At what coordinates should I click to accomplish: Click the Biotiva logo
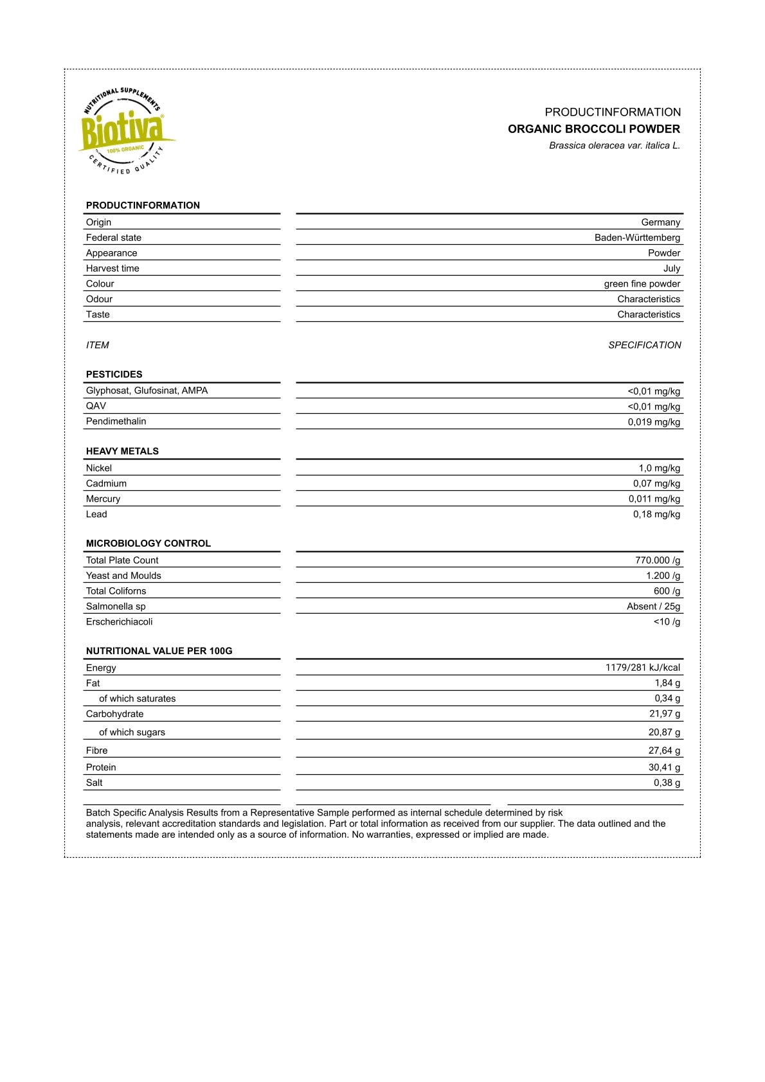click(x=126, y=131)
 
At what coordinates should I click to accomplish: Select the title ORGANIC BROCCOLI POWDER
click(x=593, y=129)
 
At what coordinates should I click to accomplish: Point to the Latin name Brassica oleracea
click(x=614, y=146)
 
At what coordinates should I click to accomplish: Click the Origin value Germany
click(x=660, y=222)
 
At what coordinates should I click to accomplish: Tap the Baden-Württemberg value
click(x=637, y=238)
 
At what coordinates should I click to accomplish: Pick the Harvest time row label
click(x=113, y=269)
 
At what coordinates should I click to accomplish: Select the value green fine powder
click(x=642, y=284)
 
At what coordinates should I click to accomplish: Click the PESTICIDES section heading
click(x=114, y=375)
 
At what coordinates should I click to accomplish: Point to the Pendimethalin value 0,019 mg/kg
click(x=654, y=422)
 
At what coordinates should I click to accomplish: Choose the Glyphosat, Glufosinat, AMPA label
click(x=147, y=391)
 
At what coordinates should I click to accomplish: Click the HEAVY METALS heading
click(x=122, y=451)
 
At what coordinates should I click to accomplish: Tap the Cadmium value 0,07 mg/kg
click(x=656, y=484)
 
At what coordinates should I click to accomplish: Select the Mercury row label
click(x=103, y=499)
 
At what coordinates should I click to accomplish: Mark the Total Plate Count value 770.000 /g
click(x=657, y=560)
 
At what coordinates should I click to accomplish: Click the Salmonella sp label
click(x=116, y=607)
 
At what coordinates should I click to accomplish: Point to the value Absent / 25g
click(x=653, y=607)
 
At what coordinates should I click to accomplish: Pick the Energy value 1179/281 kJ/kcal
click(x=642, y=668)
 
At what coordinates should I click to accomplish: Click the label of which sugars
click(x=132, y=732)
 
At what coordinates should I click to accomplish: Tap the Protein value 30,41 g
click(x=664, y=767)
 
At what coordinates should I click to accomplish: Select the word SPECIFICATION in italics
click(x=644, y=345)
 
